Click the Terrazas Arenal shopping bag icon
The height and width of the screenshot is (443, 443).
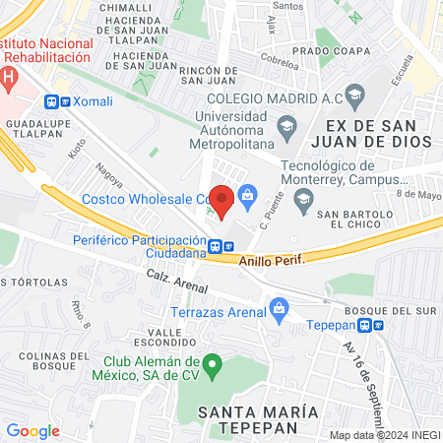click(x=280, y=308)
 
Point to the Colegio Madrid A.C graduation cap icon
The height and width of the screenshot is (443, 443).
click(x=355, y=95)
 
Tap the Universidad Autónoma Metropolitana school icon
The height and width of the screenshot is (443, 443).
click(x=286, y=124)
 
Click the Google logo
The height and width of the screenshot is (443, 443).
click(x=32, y=430)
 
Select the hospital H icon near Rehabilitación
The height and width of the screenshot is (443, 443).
click(x=8, y=76)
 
